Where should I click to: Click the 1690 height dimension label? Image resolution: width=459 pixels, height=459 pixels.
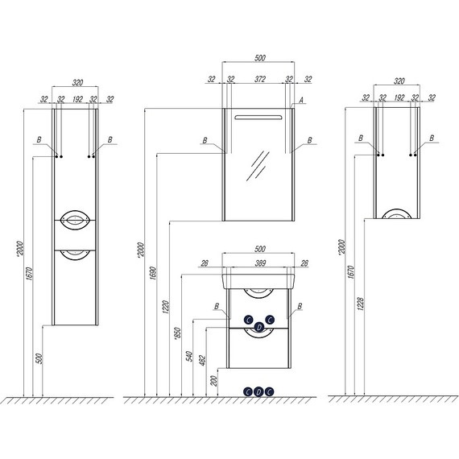click(154, 273)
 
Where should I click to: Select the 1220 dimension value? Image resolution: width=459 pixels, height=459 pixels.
click(166, 307)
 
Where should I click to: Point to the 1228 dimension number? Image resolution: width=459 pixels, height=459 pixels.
click(360, 304)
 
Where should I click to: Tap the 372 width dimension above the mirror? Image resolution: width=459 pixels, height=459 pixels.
click(260, 79)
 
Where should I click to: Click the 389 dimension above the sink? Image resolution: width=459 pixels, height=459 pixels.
click(260, 263)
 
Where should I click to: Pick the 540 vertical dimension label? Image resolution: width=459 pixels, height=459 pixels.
click(189, 356)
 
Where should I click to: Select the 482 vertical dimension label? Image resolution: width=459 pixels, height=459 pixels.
click(202, 360)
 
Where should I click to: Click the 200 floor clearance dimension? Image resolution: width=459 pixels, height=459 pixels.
click(214, 381)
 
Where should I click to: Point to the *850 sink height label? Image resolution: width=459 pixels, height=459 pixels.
click(177, 333)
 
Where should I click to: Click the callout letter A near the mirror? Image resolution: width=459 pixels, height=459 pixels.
click(301, 101)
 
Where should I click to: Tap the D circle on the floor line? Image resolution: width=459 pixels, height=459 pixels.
click(258, 391)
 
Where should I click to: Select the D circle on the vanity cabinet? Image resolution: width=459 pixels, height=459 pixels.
click(258, 327)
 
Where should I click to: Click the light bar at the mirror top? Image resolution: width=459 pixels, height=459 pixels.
click(258, 118)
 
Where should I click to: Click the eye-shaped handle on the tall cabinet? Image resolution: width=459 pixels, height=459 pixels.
click(75, 220)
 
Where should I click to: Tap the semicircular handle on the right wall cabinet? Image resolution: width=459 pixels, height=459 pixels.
click(397, 213)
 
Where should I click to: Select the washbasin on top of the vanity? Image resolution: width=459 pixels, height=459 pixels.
click(258, 282)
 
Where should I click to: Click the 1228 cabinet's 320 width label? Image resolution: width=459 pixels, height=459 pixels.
click(399, 81)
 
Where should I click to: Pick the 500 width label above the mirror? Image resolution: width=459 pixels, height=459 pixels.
click(259, 58)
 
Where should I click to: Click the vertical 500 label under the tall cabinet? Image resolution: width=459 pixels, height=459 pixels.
click(39, 359)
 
